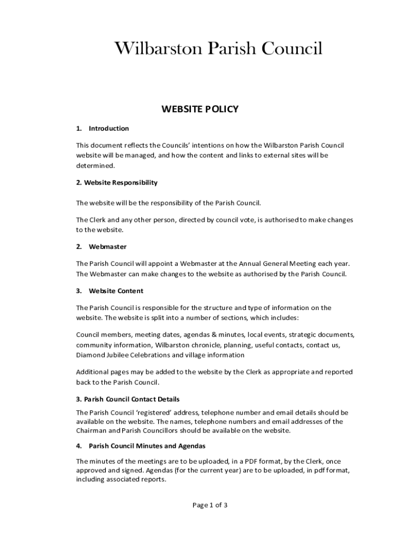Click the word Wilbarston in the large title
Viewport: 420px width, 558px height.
click(x=158, y=48)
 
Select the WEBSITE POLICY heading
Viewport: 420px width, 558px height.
click(x=200, y=109)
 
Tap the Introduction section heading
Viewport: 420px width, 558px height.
click(x=109, y=129)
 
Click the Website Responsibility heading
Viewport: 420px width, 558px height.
click(x=117, y=183)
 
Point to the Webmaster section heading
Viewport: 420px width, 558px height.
click(x=107, y=247)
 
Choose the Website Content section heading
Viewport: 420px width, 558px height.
click(x=116, y=291)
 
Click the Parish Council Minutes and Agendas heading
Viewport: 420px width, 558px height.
click(x=147, y=446)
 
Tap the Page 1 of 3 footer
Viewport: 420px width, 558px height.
click(x=210, y=505)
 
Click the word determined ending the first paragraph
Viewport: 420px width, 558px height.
click(x=95, y=165)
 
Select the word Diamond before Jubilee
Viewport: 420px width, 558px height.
click(x=90, y=355)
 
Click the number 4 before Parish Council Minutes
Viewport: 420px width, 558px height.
click(x=79, y=446)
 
